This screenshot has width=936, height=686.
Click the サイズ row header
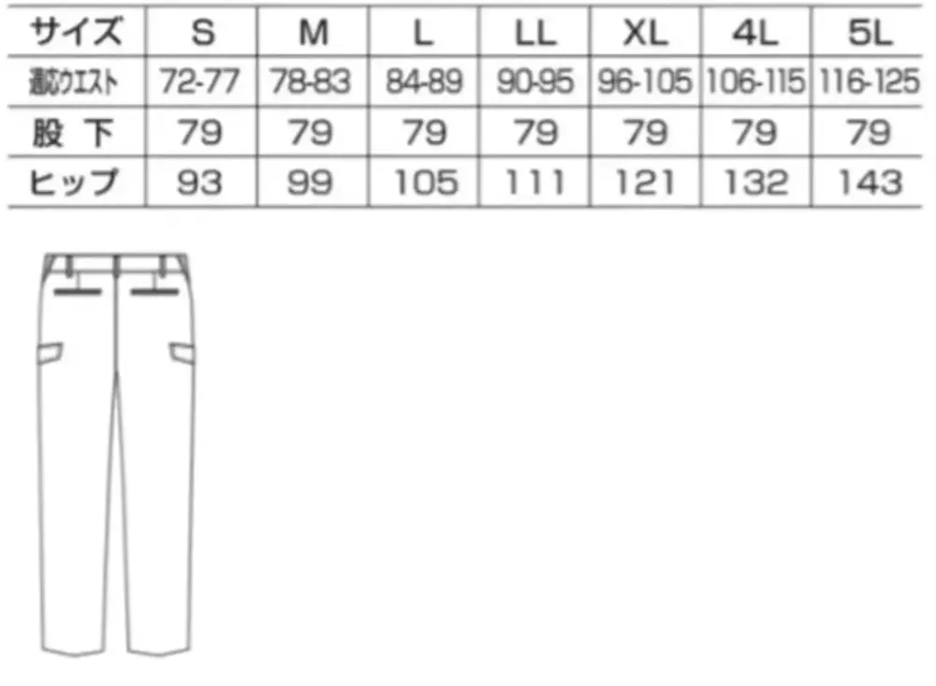(x=76, y=32)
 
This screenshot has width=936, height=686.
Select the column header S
(x=202, y=33)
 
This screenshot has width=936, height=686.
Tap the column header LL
(x=535, y=33)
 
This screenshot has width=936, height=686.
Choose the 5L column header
(x=870, y=33)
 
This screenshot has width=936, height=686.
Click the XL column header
(x=645, y=33)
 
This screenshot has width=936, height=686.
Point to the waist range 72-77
(x=200, y=81)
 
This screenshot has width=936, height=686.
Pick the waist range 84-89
(x=424, y=81)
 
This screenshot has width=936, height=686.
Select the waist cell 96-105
(x=645, y=81)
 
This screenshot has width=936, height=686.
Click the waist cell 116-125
(x=870, y=81)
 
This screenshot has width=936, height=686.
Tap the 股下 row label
(x=73, y=133)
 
